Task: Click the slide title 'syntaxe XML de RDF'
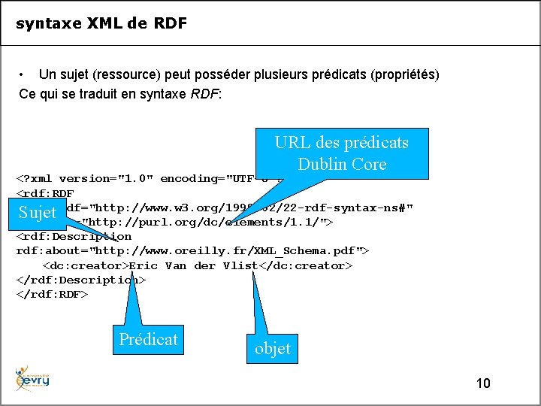coord(101,23)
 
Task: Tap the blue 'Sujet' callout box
coord(38,213)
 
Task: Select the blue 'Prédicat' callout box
coord(148,339)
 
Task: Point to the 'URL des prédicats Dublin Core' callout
coord(342,153)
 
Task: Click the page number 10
coord(483,383)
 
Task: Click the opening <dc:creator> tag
coord(86,265)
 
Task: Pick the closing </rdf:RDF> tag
coord(52,294)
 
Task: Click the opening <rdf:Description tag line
coord(74,236)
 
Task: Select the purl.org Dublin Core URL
coord(203,223)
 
